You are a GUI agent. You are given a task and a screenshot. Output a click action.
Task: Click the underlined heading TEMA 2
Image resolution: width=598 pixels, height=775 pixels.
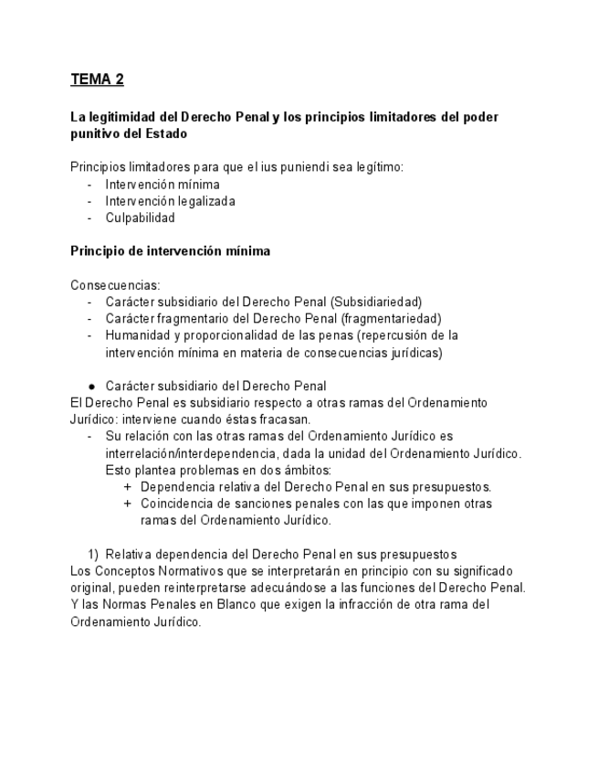pyautogui.click(x=97, y=80)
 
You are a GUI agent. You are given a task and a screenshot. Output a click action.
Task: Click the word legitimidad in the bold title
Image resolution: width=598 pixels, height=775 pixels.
pyautogui.click(x=123, y=118)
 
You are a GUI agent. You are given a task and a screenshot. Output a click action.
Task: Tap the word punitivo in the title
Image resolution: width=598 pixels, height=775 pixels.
pyautogui.click(x=97, y=134)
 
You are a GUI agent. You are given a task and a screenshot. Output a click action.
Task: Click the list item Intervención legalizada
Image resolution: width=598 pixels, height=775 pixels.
pyautogui.click(x=170, y=201)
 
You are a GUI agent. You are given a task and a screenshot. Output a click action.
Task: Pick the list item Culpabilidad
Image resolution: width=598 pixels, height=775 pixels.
pyautogui.click(x=140, y=218)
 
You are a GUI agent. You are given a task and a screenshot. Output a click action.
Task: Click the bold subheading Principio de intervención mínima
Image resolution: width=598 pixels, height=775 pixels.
pyautogui.click(x=170, y=251)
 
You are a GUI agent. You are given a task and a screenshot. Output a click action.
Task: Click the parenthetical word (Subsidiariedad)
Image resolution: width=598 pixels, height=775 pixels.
pyautogui.click(x=375, y=302)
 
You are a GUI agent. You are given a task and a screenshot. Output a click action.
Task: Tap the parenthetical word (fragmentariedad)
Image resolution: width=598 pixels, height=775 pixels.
pyautogui.click(x=391, y=318)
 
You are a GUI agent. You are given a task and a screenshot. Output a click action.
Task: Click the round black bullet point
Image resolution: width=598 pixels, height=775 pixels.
pyautogui.click(x=91, y=386)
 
